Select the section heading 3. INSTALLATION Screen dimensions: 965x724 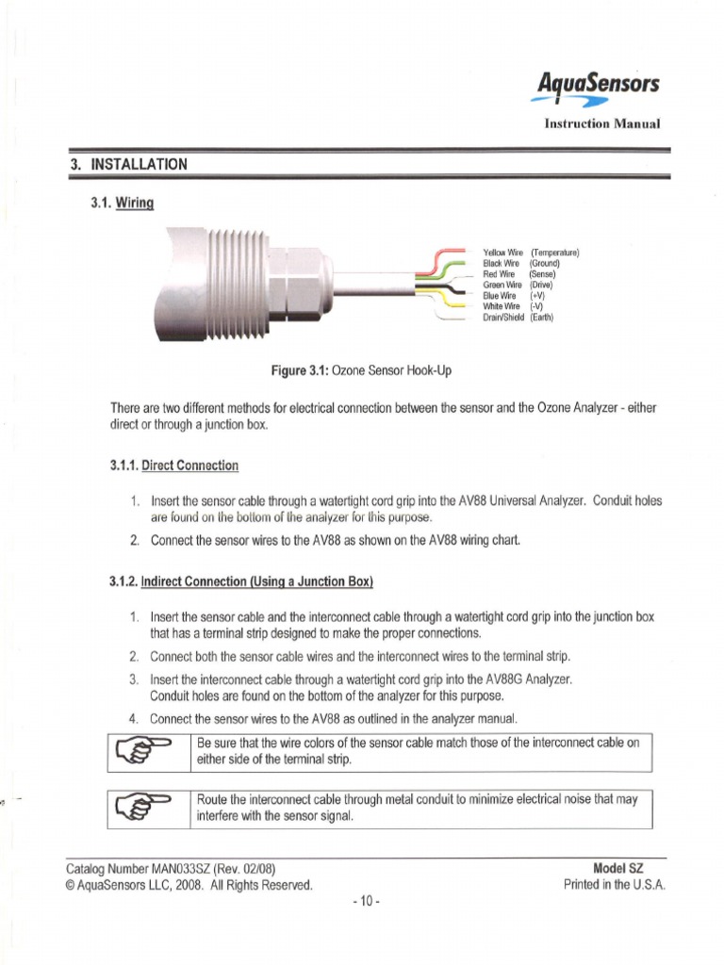click(129, 164)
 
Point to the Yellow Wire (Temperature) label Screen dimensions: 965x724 click(531, 253)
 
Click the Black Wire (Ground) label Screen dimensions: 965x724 click(521, 263)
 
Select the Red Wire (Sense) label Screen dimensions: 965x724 click(518, 274)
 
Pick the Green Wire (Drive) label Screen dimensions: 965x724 click(518, 285)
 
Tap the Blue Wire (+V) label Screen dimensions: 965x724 click(515, 295)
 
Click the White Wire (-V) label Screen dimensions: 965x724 click(515, 306)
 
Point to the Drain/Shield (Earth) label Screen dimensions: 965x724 click(518, 318)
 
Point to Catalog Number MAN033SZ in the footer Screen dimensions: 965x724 click(171, 868)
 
